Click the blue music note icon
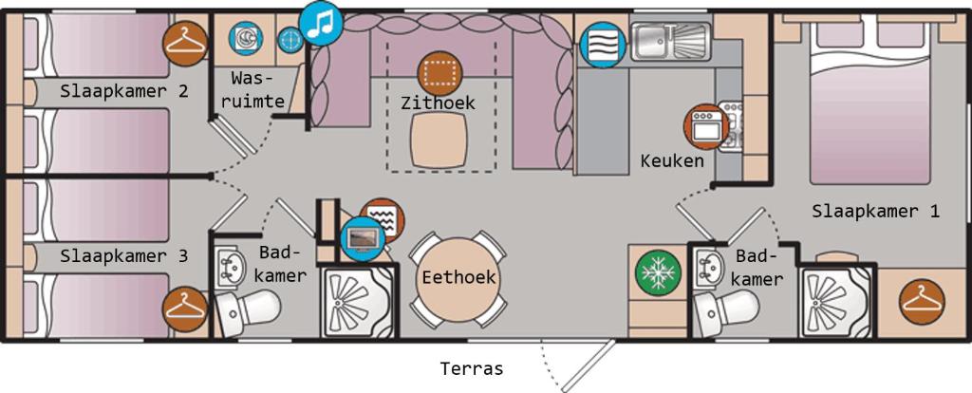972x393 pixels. (x=321, y=23)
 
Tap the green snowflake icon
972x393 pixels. (x=658, y=272)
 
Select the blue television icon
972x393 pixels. (x=363, y=238)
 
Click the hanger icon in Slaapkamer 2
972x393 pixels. (x=185, y=44)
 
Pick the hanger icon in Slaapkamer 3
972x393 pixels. (x=185, y=309)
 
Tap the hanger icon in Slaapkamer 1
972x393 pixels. (x=923, y=302)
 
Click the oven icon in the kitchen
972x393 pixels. (x=705, y=127)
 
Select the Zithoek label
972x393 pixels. (x=438, y=103)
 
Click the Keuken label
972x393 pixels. (x=672, y=161)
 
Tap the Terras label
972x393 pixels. (x=471, y=369)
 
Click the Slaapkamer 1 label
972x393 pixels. (x=875, y=212)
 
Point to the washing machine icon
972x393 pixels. (x=246, y=38)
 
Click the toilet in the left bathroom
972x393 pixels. (x=248, y=308)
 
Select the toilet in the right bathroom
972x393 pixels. (x=726, y=306)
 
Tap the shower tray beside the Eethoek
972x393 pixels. (x=359, y=301)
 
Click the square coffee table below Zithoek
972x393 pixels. (x=439, y=140)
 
